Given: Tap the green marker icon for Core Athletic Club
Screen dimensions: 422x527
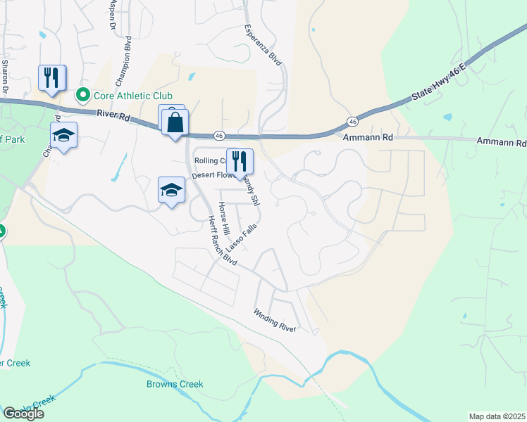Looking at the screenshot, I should click(x=82, y=95).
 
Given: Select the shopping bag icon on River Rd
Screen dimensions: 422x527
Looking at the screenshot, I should click(x=174, y=123).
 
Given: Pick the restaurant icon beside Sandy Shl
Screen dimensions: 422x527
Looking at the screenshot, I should click(x=240, y=161).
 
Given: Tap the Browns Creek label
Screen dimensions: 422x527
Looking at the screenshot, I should click(x=175, y=384).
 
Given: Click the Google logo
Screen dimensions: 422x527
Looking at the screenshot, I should click(x=23, y=414).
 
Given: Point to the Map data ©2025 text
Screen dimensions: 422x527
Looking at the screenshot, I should click(x=497, y=416).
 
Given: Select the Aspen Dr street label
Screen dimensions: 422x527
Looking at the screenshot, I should click(x=112, y=14).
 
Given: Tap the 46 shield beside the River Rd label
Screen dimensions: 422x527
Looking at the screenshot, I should click(x=219, y=135).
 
